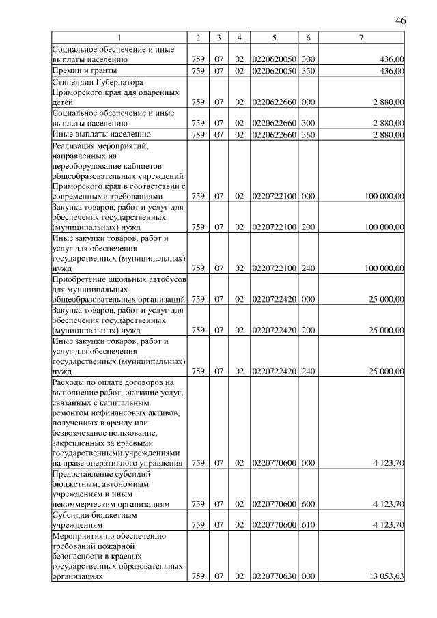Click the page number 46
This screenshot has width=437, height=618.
pos(401,21)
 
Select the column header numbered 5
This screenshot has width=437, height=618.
pos(273,37)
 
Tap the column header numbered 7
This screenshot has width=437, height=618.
pos(361,37)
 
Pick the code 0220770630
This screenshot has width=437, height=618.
pos(274,576)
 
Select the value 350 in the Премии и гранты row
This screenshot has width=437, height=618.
pos(308,70)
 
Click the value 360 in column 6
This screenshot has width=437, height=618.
pos(308,135)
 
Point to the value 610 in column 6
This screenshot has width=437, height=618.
pos(308,526)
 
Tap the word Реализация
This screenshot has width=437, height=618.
pos(76,146)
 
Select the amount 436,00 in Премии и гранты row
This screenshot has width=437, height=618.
pos(392,70)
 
